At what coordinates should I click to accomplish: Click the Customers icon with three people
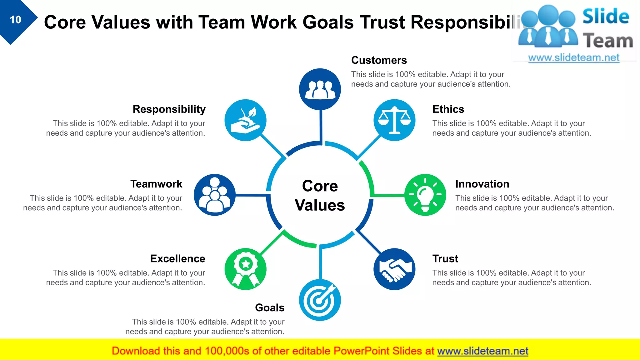pos(320,89)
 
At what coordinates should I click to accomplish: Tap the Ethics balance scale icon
pos(394,120)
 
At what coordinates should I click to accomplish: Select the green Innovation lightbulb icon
pos(425,195)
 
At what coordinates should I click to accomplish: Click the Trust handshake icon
pos(394,269)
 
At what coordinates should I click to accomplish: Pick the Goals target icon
pos(320,300)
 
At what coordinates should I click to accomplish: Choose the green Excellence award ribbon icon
pos(245,269)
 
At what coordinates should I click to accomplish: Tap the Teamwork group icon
pos(214,195)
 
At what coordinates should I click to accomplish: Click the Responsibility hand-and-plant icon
pos(245,120)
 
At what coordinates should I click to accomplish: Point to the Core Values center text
pos(320,196)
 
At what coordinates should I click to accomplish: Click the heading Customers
pos(379,60)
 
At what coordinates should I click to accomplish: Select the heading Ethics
pos(448,109)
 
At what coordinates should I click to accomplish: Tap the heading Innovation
pos(482,184)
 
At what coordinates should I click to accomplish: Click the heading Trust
pos(445,258)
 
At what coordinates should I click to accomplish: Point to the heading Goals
pos(270,307)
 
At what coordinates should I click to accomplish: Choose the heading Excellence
pos(177,258)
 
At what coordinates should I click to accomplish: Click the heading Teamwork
pos(156,184)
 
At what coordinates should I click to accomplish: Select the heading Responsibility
pos(169,109)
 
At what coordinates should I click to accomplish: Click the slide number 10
pos(15,20)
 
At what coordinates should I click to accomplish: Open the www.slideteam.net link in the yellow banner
pos(482,351)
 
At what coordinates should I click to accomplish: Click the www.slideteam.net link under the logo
pos(573,57)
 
